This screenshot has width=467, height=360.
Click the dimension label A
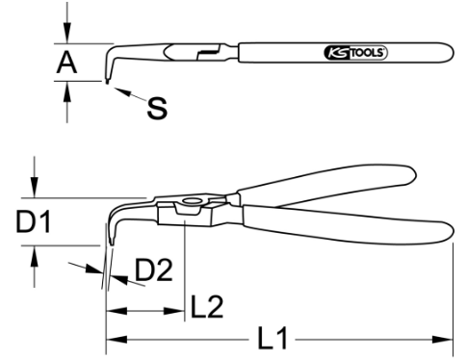pos(66,63)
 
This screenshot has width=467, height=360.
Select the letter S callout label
pos(157,108)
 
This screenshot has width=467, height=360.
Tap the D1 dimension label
pos(34,221)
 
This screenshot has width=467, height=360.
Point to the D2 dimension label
pos(154,270)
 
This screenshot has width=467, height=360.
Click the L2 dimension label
pos(207,307)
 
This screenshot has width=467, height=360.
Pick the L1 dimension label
pos(272,338)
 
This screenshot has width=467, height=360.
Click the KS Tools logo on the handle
pos(356,53)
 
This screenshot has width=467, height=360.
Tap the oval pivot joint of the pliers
pos(192,201)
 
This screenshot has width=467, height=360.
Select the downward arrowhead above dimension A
pos(66,33)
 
